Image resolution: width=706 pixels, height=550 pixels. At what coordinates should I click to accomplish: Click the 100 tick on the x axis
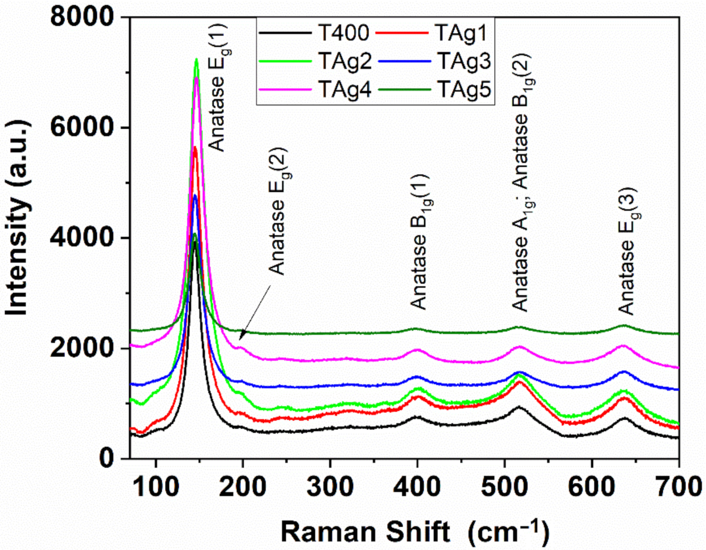click(x=156, y=487)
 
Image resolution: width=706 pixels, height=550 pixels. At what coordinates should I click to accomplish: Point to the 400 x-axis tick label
click(x=417, y=487)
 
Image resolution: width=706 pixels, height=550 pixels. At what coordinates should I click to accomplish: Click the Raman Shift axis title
click(x=415, y=532)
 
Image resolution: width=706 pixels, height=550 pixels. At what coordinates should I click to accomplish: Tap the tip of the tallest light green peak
click(x=196, y=59)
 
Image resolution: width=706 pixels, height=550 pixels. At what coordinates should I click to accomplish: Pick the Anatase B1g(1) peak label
click(x=420, y=242)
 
